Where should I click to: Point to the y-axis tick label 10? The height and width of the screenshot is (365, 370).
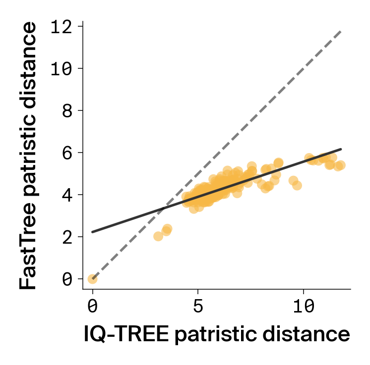(62, 68)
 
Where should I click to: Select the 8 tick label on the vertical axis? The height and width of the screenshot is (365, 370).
(67, 110)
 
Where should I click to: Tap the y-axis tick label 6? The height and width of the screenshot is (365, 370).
(67, 153)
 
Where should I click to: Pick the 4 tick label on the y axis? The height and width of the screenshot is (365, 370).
(67, 195)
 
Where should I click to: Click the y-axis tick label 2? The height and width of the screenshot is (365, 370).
(67, 237)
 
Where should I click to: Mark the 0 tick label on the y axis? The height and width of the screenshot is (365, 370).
(67, 279)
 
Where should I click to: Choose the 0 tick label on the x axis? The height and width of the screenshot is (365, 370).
(92, 307)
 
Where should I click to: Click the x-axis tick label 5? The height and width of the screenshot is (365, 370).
(198, 307)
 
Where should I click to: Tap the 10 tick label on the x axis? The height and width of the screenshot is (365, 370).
(303, 307)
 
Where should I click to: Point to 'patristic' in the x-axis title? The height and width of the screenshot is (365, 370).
(219, 335)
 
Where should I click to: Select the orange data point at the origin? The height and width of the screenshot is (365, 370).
(92, 279)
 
